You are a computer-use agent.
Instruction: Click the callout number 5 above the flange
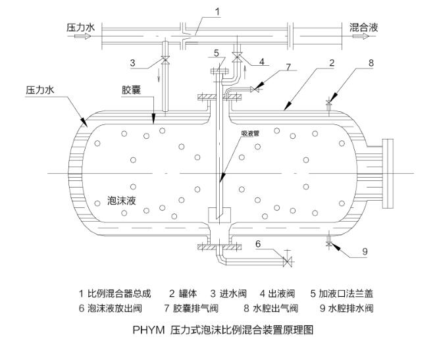point(215,52)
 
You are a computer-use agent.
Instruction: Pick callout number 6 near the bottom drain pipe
point(259,243)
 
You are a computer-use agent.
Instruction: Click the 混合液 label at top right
point(364,28)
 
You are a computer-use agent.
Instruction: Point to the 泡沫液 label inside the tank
point(122,201)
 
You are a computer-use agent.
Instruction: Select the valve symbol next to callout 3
point(164,63)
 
